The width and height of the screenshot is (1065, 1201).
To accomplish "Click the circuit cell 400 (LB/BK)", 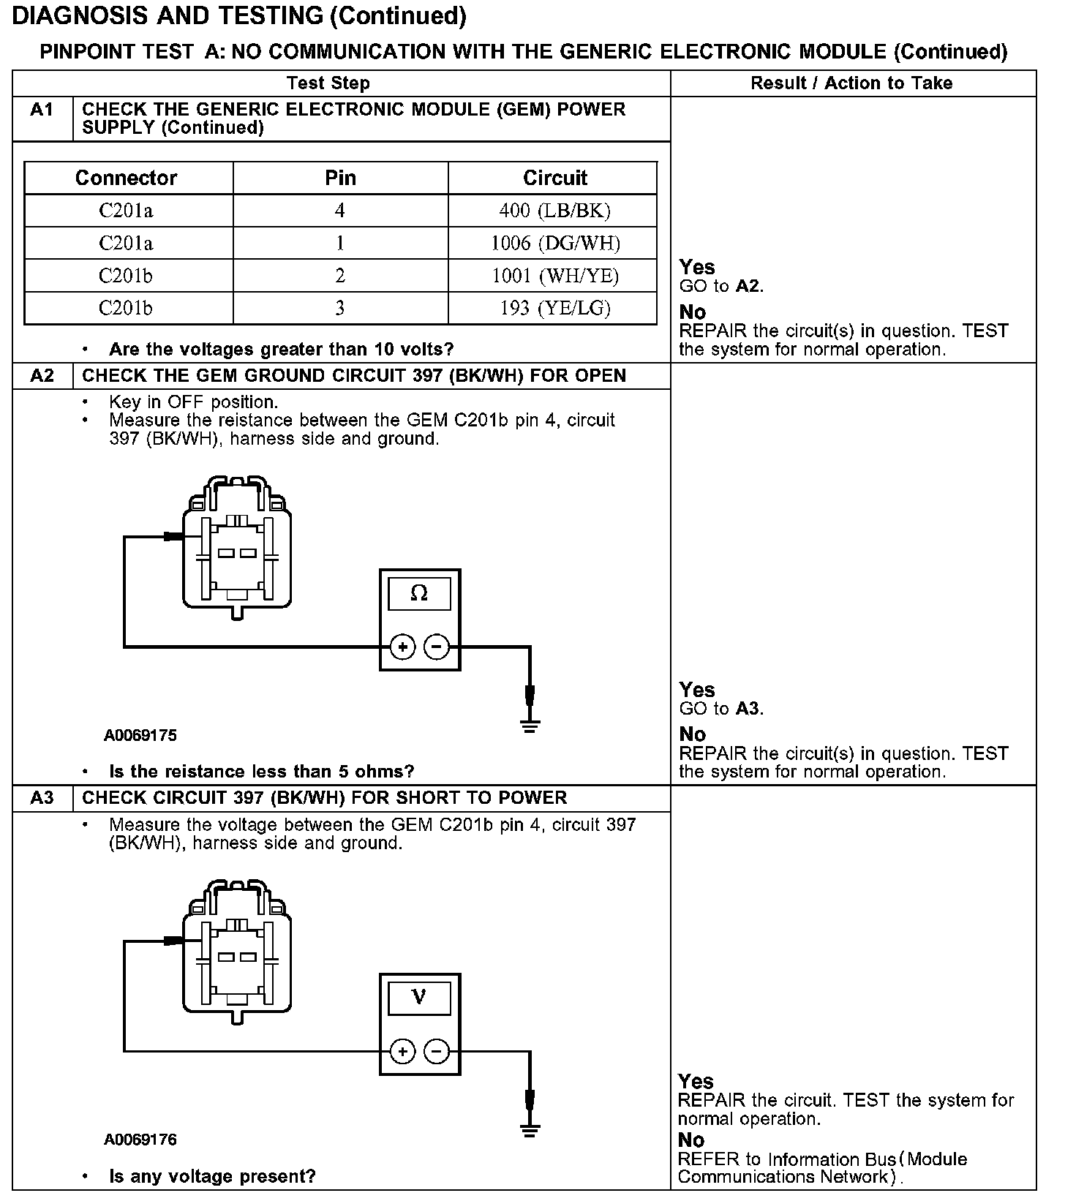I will (554, 211).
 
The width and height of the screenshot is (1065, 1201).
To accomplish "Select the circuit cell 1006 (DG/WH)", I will (554, 243).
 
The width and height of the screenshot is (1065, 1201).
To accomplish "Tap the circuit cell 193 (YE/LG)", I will (554, 308).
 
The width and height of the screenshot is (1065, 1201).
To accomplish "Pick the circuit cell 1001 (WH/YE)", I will (554, 276).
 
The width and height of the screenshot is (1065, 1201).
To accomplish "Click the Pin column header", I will (340, 178).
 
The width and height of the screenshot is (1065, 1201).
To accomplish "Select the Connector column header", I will (127, 178).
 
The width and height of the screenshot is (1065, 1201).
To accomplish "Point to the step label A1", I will (42, 110).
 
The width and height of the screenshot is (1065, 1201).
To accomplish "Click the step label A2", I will (42, 376).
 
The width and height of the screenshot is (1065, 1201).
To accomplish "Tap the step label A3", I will (42, 798).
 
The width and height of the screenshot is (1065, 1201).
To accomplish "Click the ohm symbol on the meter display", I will (419, 593).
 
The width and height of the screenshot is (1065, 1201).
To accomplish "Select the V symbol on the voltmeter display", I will (419, 997).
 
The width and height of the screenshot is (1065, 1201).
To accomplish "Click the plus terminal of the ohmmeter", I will (402, 647).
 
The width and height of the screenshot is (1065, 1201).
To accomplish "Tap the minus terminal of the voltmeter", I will (437, 1052).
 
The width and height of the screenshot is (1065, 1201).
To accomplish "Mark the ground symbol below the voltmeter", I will (530, 1131).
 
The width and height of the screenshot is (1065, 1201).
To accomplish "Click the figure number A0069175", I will (140, 735).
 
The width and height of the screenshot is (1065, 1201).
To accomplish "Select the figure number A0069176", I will (140, 1140).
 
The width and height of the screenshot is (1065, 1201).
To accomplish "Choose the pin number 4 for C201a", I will (340, 211).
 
